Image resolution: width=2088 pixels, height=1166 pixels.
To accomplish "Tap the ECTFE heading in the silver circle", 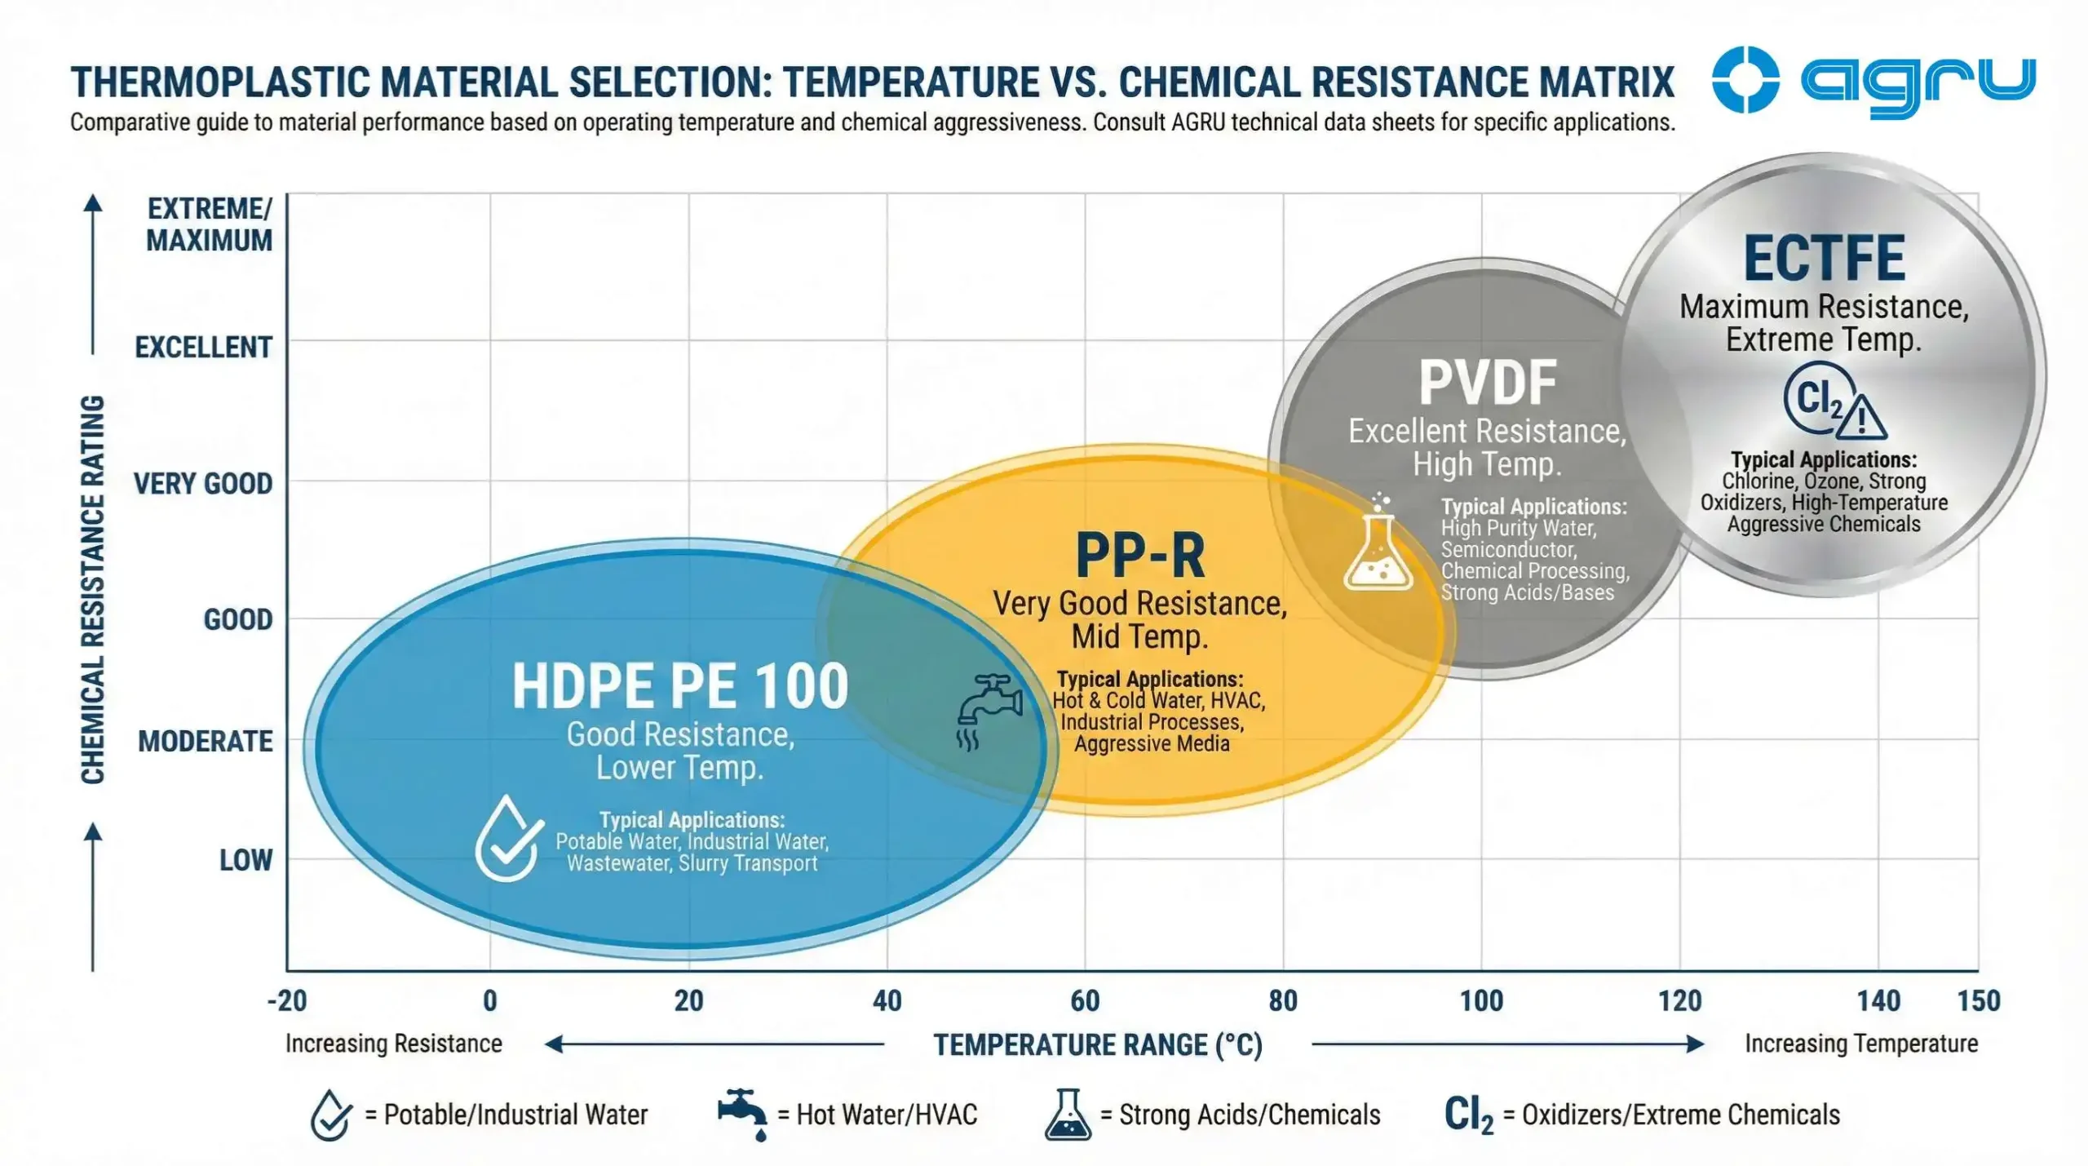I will point(1824,259).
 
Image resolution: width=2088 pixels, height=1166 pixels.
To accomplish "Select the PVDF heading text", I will point(1488,383).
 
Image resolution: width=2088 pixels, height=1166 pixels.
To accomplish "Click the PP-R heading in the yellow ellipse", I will point(1139,556).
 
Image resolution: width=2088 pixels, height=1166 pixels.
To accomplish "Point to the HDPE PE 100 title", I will point(679,686).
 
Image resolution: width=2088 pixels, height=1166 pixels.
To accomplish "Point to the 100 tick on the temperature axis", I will point(1480,1000).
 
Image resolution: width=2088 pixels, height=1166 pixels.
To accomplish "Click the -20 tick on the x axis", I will point(287,1000).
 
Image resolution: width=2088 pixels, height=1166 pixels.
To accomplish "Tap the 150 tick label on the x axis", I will point(1978,1000).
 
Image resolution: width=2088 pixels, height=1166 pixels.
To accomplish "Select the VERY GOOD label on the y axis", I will point(203,484).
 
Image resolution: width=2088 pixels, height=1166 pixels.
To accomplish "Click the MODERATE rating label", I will point(206,742).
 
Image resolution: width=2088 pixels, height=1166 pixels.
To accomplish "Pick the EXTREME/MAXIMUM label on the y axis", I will point(209,224).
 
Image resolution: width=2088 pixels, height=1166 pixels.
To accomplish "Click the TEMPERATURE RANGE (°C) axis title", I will point(1098,1044).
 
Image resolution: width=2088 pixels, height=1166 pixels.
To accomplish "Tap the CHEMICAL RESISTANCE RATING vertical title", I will point(93,589).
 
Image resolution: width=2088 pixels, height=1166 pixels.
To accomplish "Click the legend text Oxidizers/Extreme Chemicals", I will point(1680,1115).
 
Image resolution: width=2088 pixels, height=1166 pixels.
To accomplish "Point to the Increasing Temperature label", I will point(1860,1044).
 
